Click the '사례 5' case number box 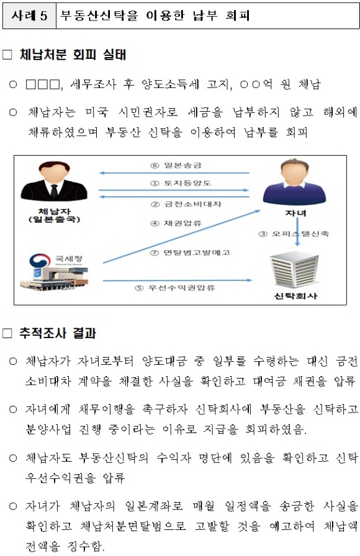pyautogui.click(x=29, y=16)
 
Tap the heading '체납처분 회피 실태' pyautogui.click(x=73, y=55)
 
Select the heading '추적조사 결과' pyautogui.click(x=58, y=333)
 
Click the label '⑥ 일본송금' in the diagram pyautogui.click(x=176, y=165)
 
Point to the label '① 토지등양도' pyautogui.click(x=181, y=183)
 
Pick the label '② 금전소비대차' pyautogui.click(x=186, y=204)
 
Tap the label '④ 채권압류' pyautogui.click(x=176, y=223)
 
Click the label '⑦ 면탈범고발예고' pyautogui.click(x=190, y=253)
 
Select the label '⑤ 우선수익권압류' pyautogui.click(x=175, y=287)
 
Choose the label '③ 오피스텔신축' pyautogui.click(x=294, y=234)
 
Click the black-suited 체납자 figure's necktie pyautogui.click(x=54, y=192)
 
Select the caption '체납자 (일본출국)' pyautogui.click(x=54, y=216)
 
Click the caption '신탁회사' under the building pyautogui.click(x=295, y=297)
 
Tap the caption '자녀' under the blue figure pyautogui.click(x=295, y=213)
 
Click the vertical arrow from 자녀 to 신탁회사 pyautogui.click(x=297, y=231)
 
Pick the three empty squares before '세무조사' pyautogui.click(x=43, y=85)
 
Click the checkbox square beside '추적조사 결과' pyautogui.click(x=7, y=334)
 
